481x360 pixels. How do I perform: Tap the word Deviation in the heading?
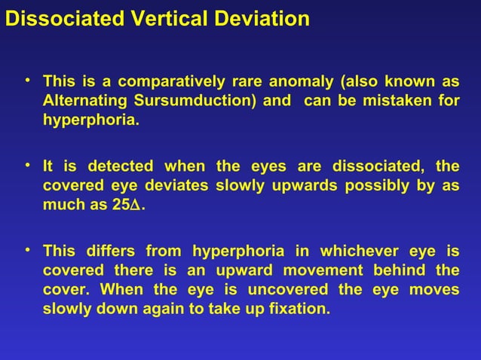pyautogui.click(x=261, y=19)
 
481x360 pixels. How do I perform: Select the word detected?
pyautogui.click(x=121, y=166)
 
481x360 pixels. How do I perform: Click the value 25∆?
pyautogui.click(x=127, y=206)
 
